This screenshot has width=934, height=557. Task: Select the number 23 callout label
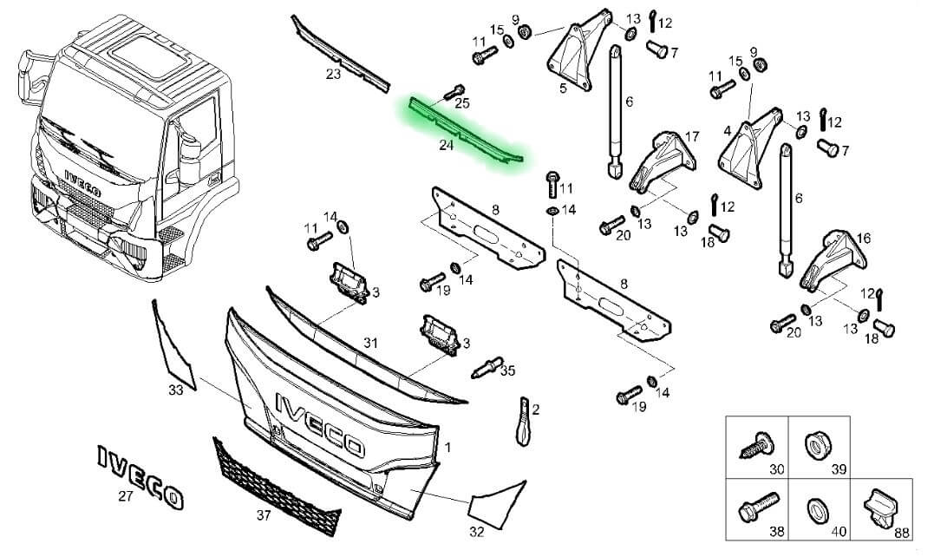333,74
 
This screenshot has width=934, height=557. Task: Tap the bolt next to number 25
454,92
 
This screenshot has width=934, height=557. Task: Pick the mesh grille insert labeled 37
277,488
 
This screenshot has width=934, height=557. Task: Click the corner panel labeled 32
497,504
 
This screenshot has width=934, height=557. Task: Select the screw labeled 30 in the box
756,445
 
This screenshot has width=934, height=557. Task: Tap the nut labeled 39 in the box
817,445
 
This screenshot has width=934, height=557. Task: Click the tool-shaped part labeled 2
523,421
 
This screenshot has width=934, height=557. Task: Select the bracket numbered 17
663,162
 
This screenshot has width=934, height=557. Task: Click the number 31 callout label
370,343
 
